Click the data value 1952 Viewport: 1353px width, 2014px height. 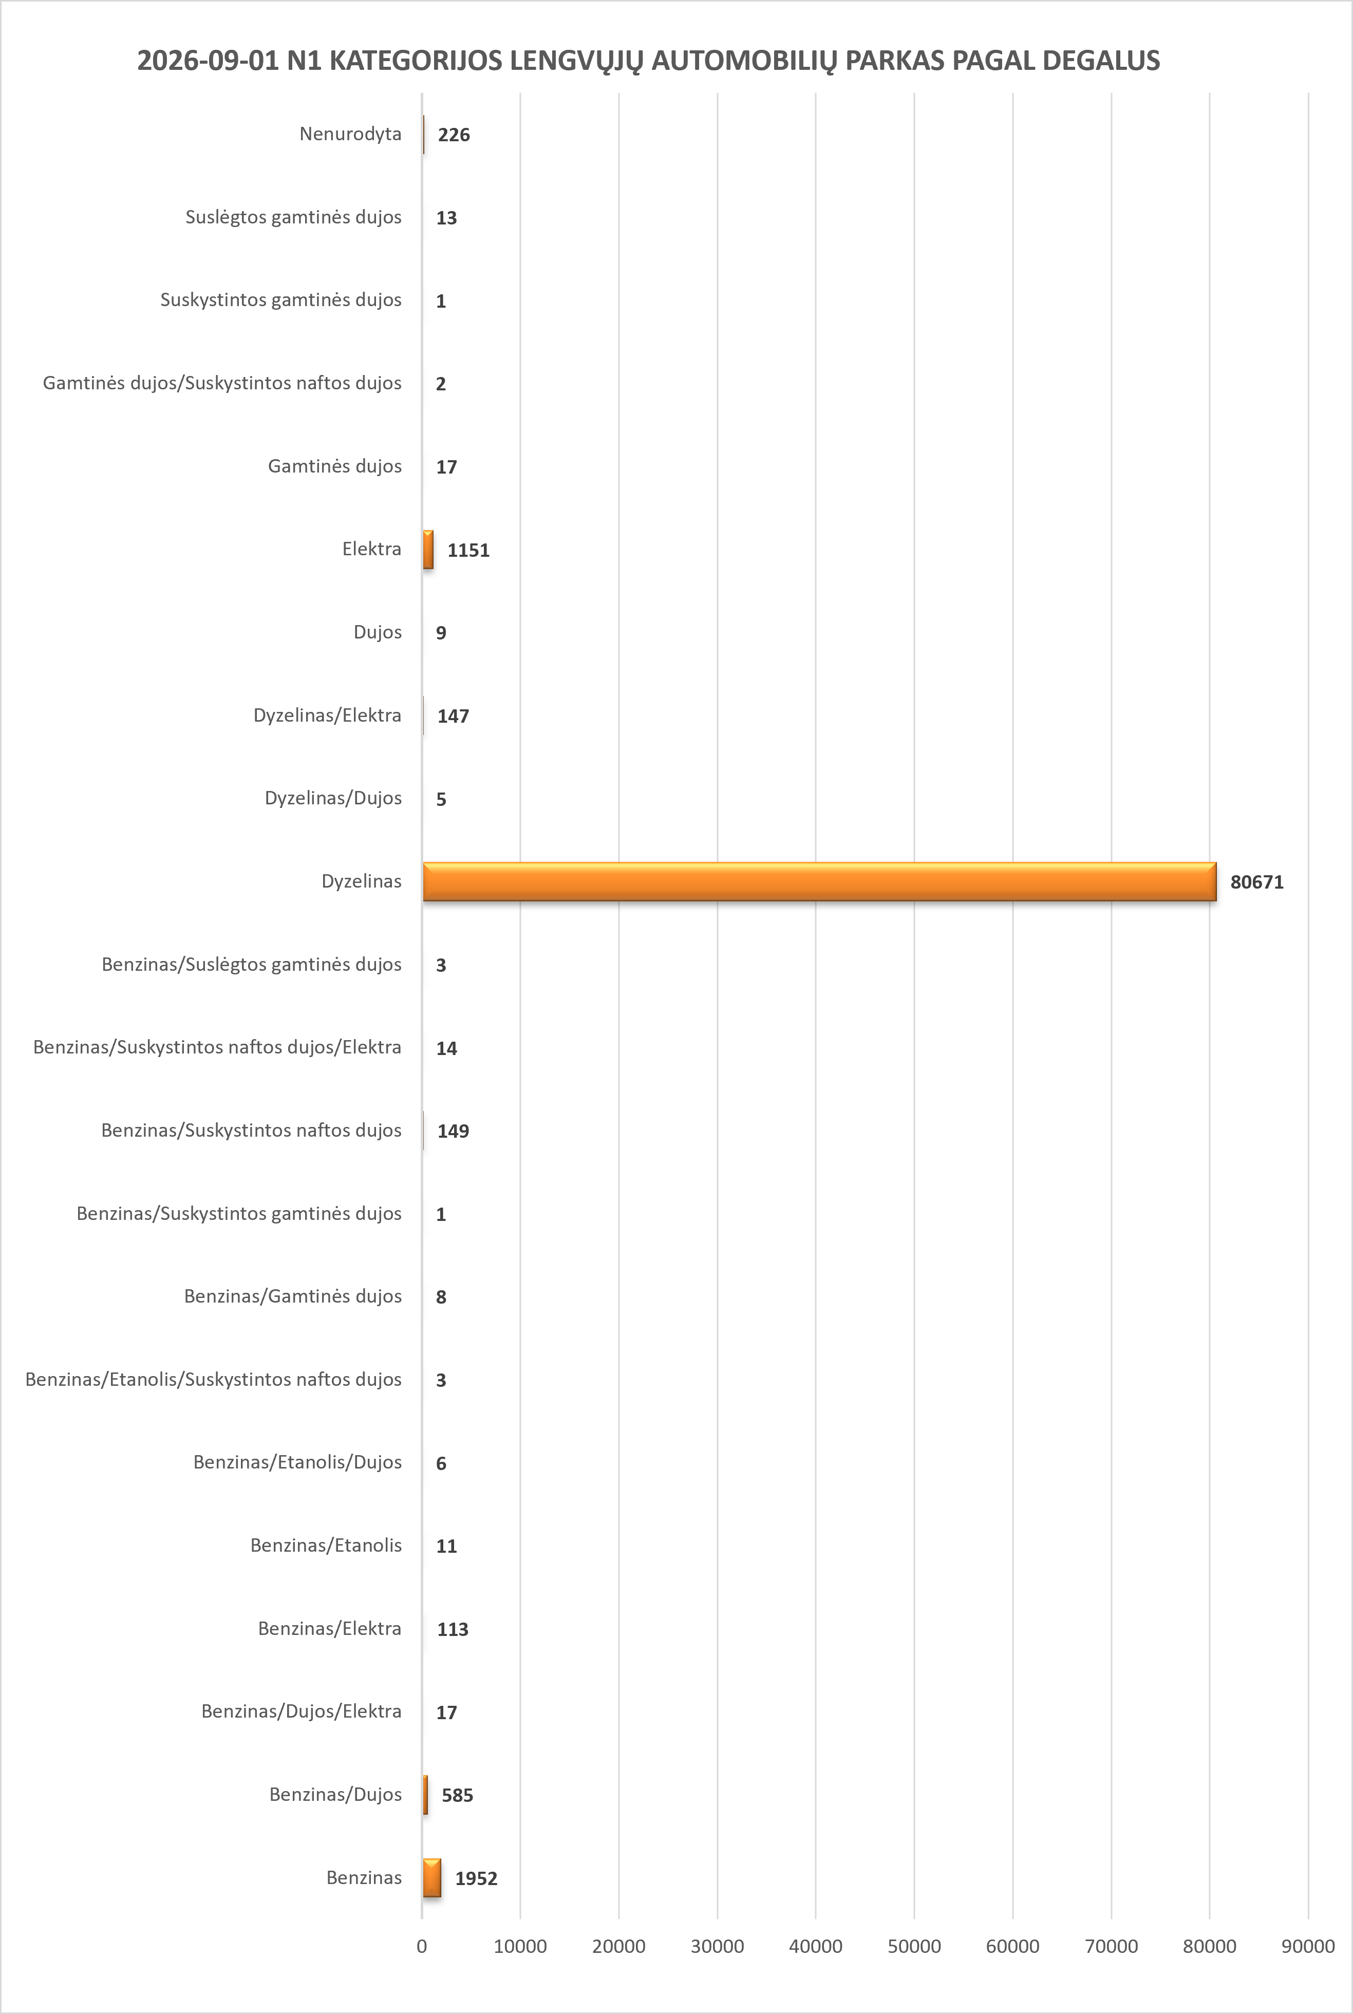(476, 1878)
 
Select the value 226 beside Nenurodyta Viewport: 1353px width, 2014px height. (454, 135)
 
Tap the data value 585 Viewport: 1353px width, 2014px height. (457, 1795)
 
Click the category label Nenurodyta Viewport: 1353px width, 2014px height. (350, 134)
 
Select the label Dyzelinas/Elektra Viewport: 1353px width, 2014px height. (327, 716)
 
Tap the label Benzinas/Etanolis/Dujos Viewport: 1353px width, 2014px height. (298, 1462)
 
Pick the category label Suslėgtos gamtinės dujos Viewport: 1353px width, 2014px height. (293, 217)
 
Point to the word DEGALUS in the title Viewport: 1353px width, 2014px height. (1101, 61)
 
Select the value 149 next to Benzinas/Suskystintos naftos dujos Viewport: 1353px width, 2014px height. (453, 1131)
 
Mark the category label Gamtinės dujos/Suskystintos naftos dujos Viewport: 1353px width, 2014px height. (222, 383)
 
